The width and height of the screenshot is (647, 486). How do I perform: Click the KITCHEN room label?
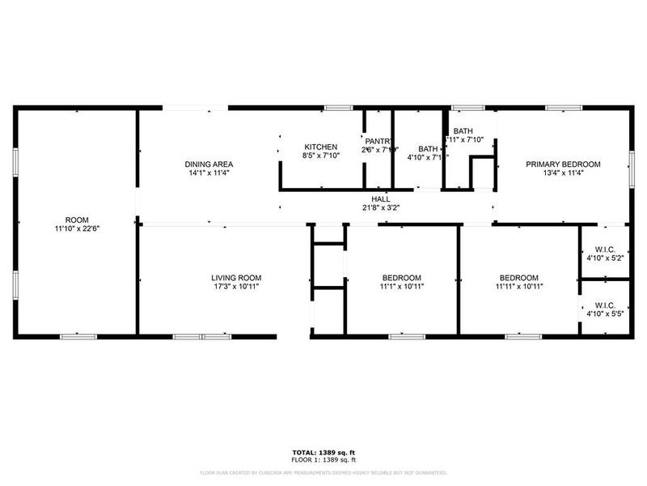click(x=320, y=147)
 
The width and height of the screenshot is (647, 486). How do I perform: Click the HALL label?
click(x=381, y=198)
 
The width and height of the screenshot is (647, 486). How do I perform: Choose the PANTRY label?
click(x=378, y=141)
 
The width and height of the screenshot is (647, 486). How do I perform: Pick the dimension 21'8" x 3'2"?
click(x=381, y=207)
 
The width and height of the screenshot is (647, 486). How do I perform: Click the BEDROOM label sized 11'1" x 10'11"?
click(x=402, y=278)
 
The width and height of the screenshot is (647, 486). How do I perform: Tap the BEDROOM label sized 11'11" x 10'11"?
click(x=518, y=278)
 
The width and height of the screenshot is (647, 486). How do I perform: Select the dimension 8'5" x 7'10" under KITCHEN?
click(x=320, y=156)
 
